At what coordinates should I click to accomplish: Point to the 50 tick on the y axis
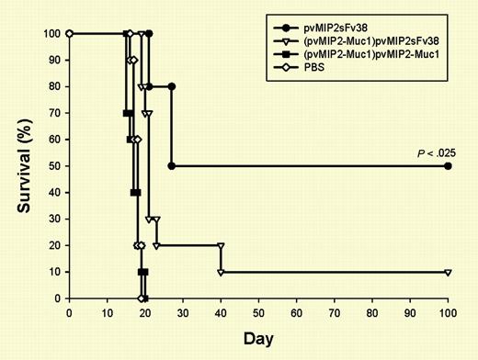coord(53,166)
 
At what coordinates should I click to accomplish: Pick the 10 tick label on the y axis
coord(53,272)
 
